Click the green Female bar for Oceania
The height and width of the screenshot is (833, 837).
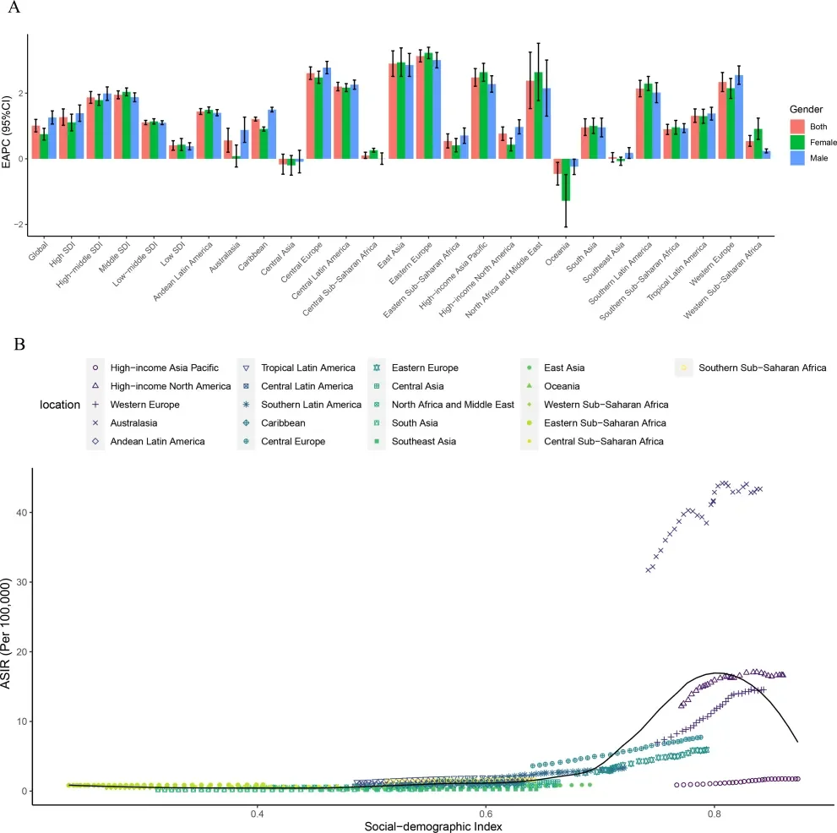coord(566,179)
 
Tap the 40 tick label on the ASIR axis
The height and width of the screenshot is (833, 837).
coord(19,513)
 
